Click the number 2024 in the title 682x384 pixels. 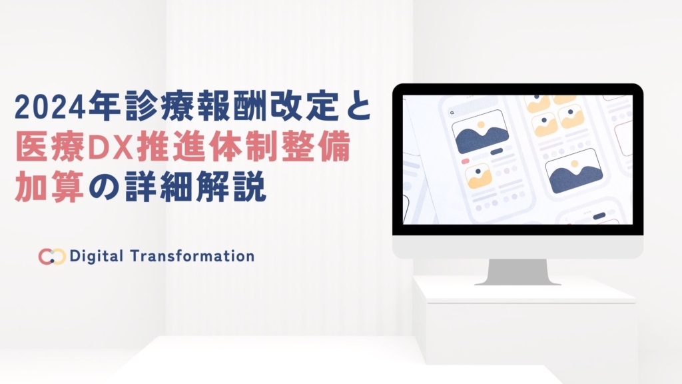(x=49, y=107)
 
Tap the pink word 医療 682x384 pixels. (x=49, y=148)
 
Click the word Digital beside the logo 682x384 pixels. (x=96, y=256)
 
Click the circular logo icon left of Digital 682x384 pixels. (x=52, y=257)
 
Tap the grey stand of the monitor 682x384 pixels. (x=517, y=272)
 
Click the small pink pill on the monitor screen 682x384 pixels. (x=465, y=161)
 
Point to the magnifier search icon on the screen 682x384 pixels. (x=452, y=113)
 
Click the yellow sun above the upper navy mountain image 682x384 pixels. (x=481, y=125)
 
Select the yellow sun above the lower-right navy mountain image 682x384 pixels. (x=575, y=164)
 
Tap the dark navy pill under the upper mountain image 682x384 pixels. (x=496, y=151)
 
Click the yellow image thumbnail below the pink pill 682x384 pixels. (x=478, y=175)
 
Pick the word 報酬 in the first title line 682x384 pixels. (x=232, y=106)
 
